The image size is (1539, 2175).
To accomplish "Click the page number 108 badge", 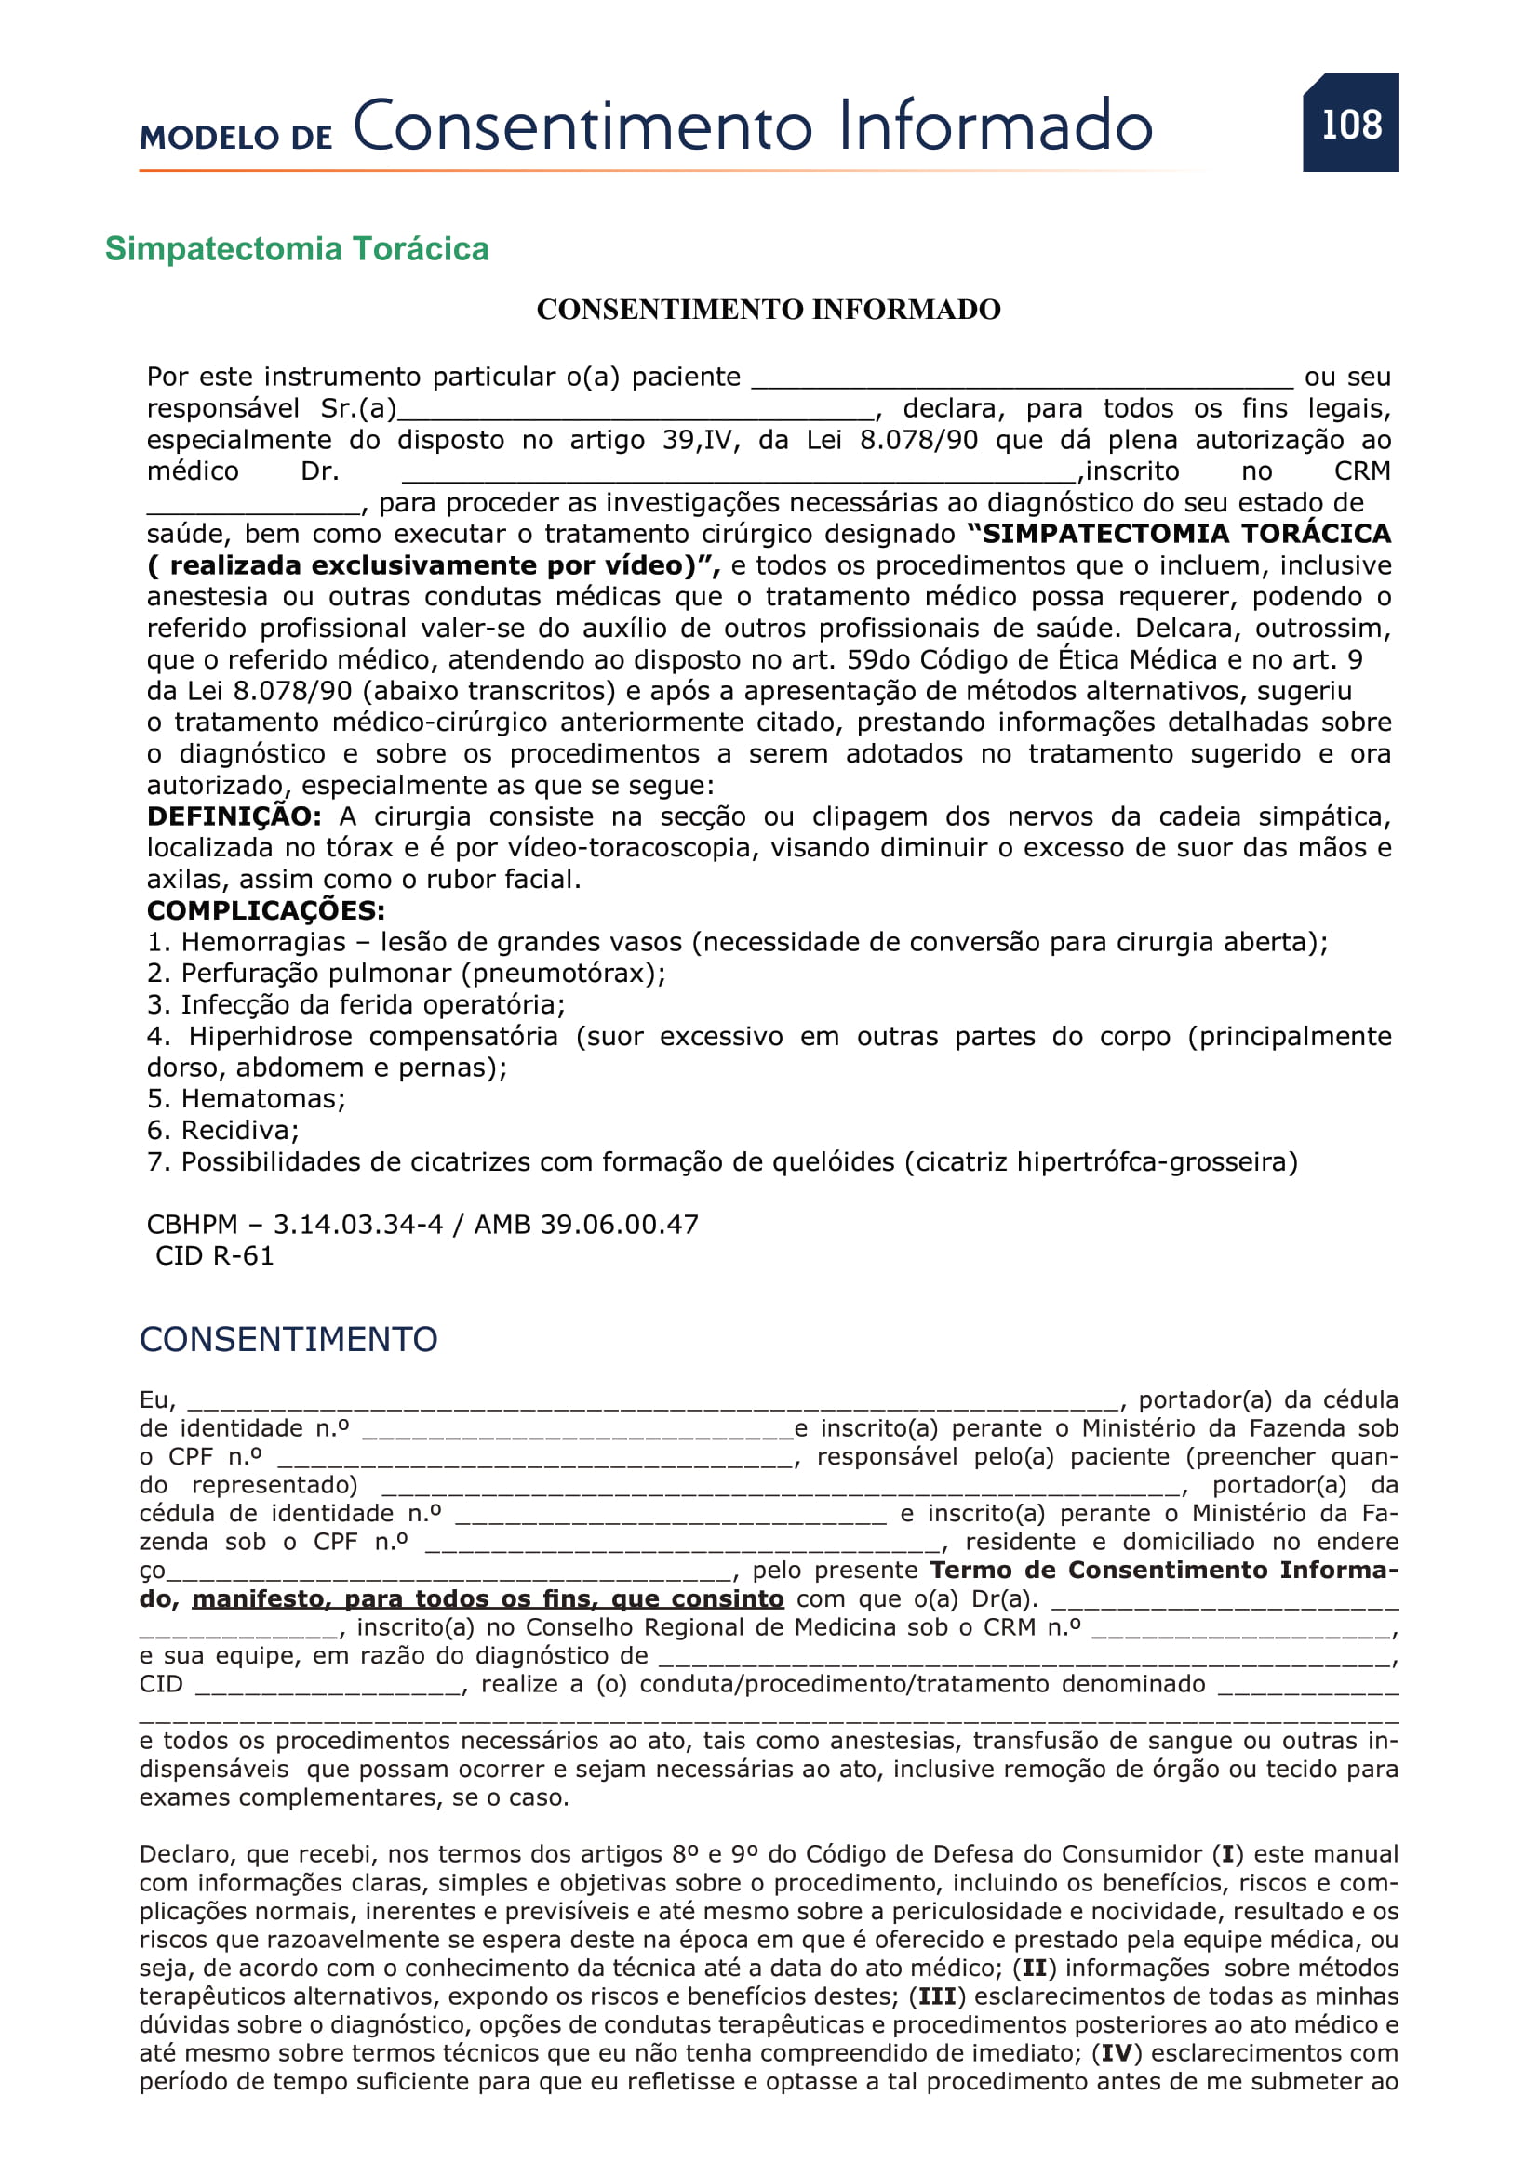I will point(1350,123).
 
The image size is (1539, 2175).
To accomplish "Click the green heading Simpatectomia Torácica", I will point(297,249).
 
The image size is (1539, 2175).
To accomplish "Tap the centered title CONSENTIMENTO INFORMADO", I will point(769,310).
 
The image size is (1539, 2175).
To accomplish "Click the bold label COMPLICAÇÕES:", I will point(265,910).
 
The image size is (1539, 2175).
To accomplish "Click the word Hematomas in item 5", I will point(262,1099).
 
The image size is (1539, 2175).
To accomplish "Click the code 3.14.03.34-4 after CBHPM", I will point(358,1225).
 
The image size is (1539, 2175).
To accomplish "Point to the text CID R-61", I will point(214,1256).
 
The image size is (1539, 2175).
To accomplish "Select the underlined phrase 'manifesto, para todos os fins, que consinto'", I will point(488,1600).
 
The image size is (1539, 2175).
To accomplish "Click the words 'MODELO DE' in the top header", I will point(236,138).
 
